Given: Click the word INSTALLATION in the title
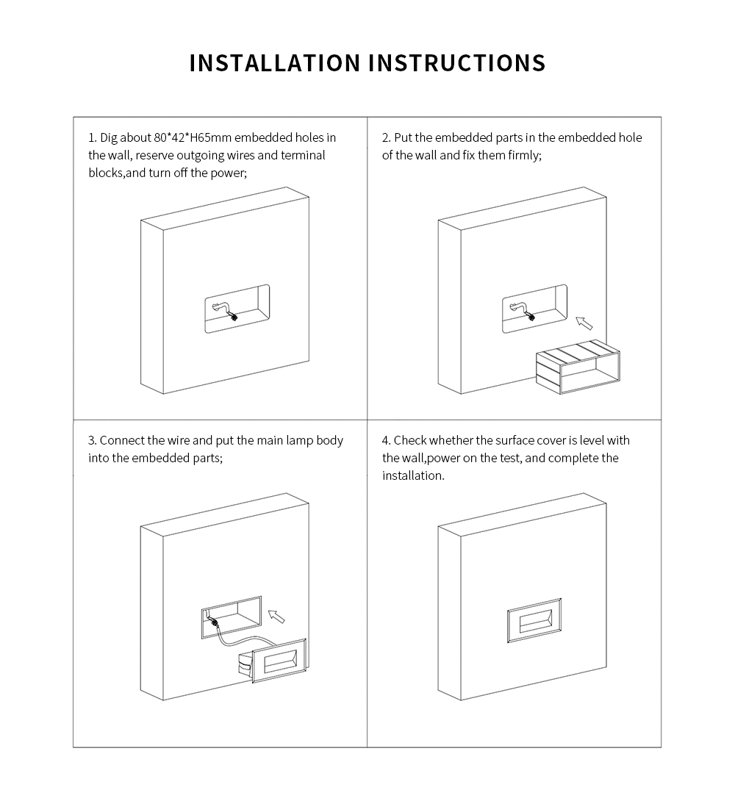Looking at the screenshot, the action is (x=275, y=63).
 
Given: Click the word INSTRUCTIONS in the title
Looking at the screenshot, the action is (x=456, y=63).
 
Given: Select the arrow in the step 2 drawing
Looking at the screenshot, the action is (x=584, y=323).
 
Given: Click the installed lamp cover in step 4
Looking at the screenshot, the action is (x=534, y=620).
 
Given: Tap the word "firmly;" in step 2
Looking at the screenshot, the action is (x=524, y=155).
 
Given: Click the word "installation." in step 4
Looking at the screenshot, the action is (x=413, y=475).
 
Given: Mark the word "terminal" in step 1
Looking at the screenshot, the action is (x=302, y=155).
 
